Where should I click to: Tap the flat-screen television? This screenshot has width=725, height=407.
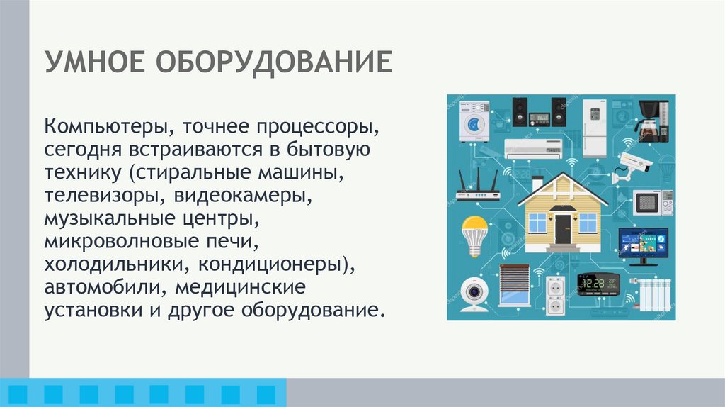coord(642,243)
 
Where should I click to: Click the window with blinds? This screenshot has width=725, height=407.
coord(514,284)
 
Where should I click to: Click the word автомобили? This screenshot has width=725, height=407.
coord(104,287)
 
